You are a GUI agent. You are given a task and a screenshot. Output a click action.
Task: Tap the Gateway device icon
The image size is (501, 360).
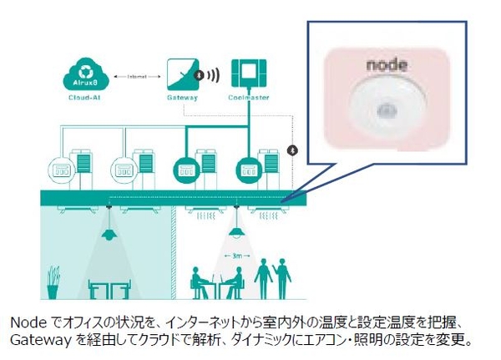(x=183, y=74)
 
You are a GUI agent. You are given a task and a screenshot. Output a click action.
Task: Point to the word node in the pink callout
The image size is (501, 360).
(x=385, y=63)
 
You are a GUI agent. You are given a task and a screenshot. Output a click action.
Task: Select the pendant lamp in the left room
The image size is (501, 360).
(x=108, y=235)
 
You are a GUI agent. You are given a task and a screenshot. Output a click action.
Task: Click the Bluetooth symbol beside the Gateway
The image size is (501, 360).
(x=199, y=75)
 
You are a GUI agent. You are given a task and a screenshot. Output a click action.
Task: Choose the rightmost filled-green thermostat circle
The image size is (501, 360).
(x=248, y=166)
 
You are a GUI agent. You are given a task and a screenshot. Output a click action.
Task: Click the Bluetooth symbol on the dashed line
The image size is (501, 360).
(x=291, y=151)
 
